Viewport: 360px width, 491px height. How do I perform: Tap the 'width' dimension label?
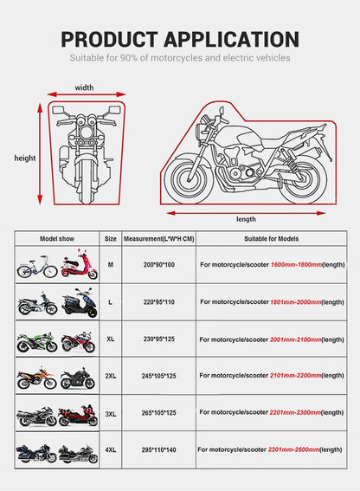(84, 87)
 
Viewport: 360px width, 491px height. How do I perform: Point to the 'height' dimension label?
(24, 158)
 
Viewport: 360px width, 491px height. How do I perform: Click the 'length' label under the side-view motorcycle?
(246, 219)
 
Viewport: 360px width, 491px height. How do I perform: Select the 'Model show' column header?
(57, 237)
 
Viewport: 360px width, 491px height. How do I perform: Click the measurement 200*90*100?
(151, 264)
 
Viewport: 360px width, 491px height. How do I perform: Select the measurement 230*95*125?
(151, 340)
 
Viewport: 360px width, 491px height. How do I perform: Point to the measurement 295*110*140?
(151, 449)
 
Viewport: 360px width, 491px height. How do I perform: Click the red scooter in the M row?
(80, 265)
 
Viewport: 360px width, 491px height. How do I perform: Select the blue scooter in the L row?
(80, 303)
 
